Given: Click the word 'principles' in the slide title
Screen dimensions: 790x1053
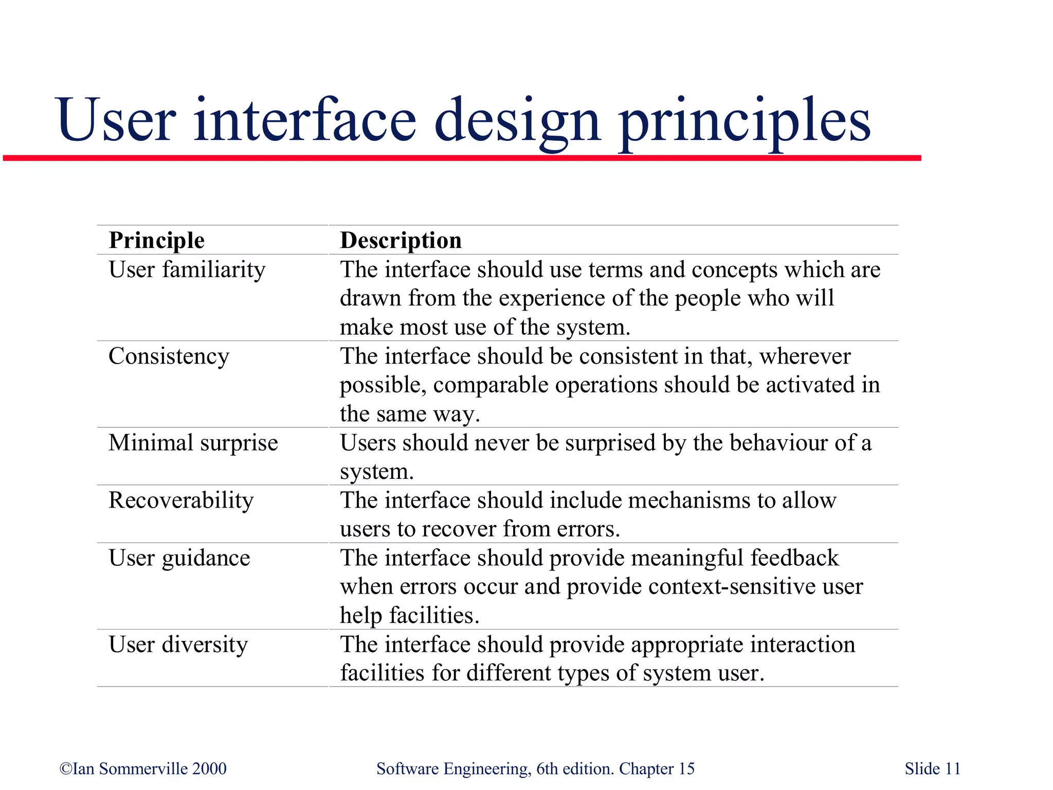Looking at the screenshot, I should (x=745, y=121).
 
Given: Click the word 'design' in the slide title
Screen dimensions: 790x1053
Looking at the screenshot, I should (x=517, y=121).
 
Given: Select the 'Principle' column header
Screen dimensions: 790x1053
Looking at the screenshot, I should (x=157, y=240).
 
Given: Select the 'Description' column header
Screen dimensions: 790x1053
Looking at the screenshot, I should (x=401, y=240).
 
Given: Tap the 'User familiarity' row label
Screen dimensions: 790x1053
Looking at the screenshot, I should (x=187, y=270).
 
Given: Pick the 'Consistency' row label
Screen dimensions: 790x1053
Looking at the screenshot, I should (x=169, y=356).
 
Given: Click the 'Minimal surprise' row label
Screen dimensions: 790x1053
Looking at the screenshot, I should (x=193, y=443).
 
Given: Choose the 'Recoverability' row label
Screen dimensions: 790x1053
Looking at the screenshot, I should (x=181, y=500).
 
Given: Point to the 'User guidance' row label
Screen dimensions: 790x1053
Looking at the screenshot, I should (x=179, y=558).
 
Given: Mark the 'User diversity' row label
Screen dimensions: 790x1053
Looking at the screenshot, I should (x=178, y=644).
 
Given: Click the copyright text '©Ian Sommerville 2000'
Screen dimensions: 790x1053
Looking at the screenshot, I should (x=143, y=768).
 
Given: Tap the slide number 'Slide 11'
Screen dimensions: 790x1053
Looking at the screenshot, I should (x=932, y=768).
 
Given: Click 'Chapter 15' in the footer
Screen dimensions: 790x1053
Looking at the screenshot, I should (x=657, y=768).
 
